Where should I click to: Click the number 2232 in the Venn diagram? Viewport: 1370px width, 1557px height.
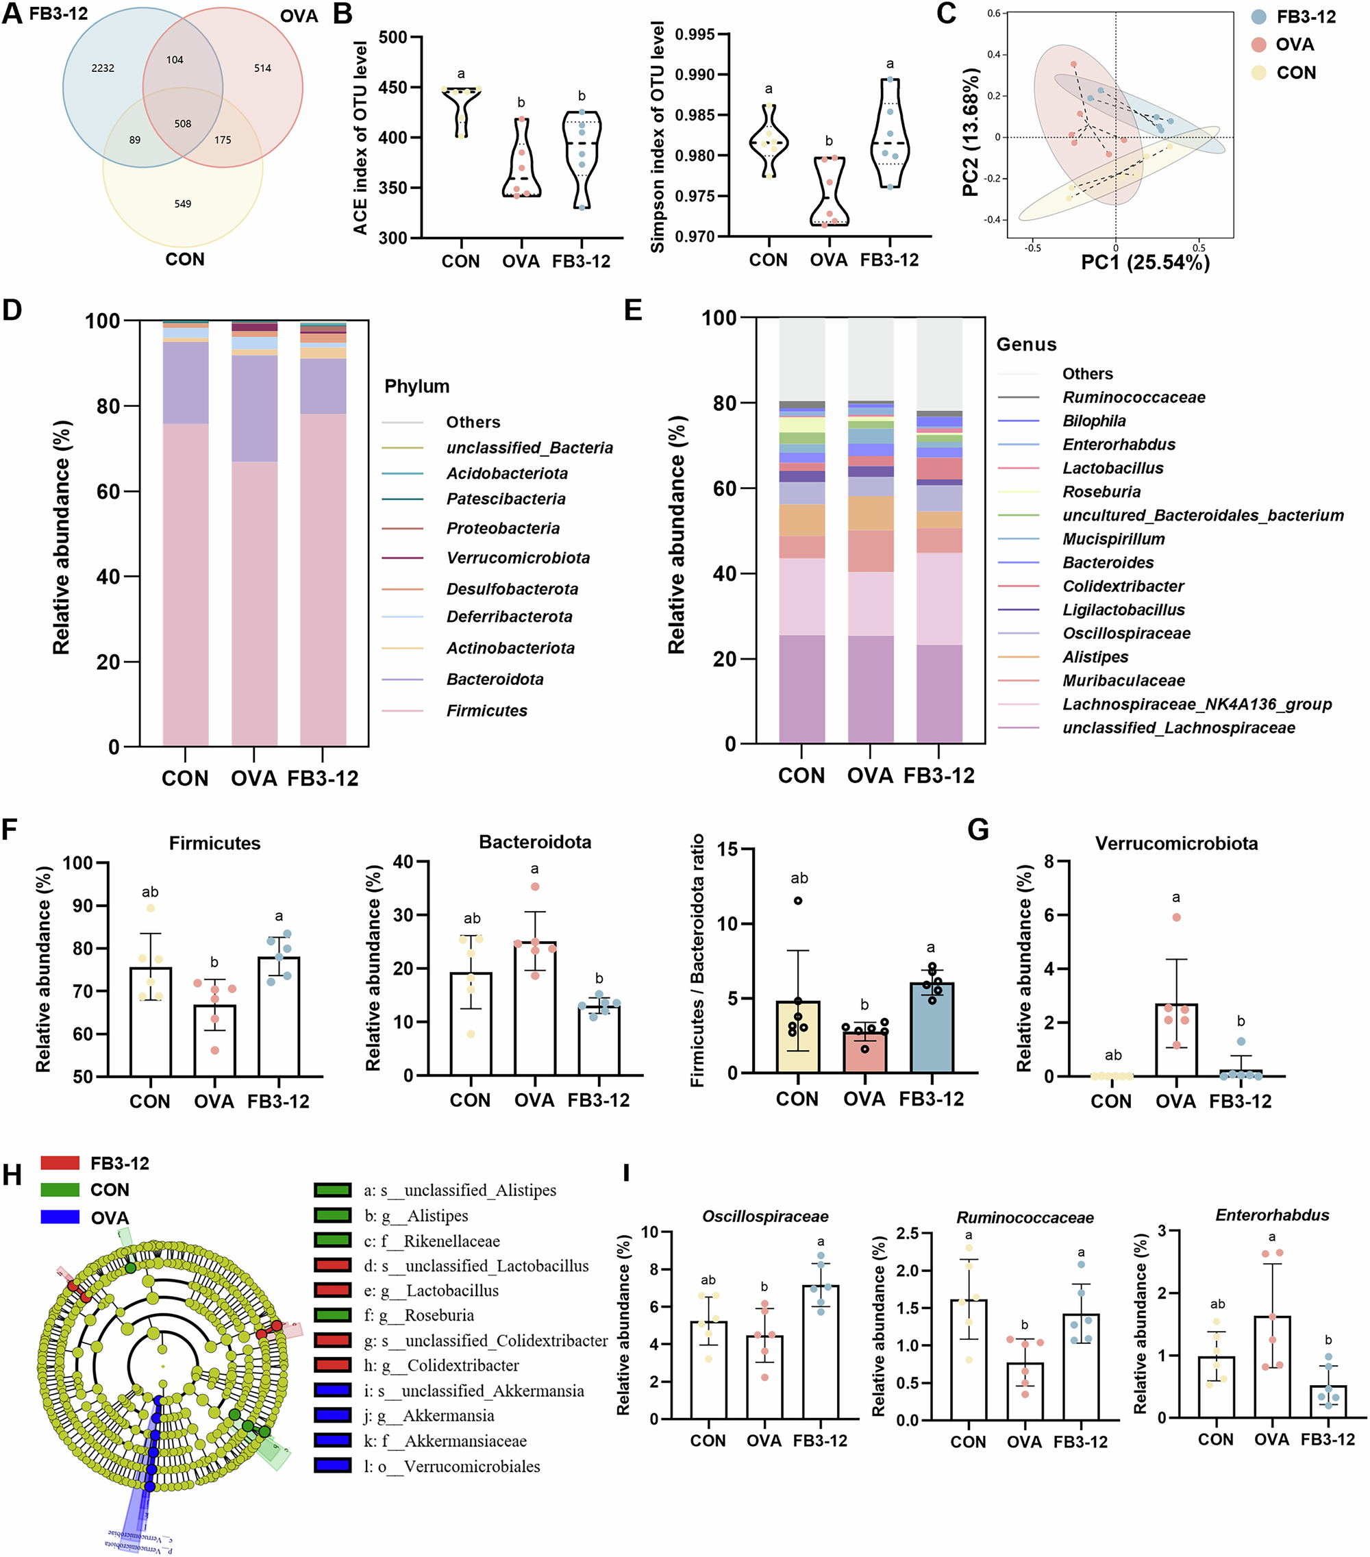103,68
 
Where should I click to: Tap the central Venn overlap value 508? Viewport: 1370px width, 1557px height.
183,123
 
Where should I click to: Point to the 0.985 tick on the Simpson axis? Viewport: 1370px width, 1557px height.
695,115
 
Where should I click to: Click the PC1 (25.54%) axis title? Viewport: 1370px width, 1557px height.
1145,263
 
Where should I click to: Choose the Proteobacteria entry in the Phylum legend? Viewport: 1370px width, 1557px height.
503,528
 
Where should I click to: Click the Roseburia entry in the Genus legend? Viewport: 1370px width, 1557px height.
1101,491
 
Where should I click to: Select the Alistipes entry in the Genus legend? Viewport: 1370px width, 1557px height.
1095,657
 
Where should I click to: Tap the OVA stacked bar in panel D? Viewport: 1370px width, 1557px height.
254,533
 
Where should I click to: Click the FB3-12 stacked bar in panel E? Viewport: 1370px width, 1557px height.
939,533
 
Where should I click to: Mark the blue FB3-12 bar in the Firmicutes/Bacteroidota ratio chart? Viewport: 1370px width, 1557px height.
932,1027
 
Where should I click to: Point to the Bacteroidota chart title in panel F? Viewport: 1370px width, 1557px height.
534,842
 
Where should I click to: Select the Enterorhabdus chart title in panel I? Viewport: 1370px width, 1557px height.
1272,1215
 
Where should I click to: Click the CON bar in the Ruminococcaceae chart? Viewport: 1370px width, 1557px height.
968,1360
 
